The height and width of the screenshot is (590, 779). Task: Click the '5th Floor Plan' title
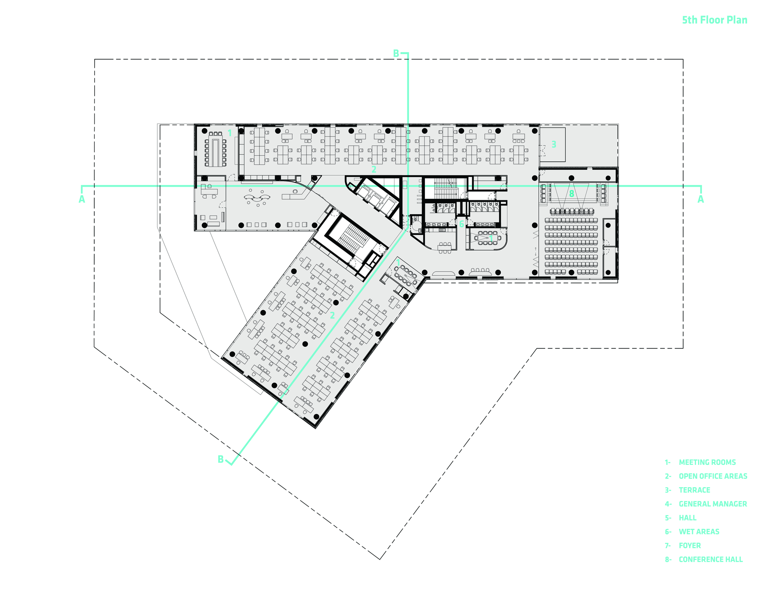(714, 20)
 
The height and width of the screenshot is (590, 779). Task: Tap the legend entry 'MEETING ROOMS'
(707, 462)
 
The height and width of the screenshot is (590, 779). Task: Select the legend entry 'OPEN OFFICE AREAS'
(713, 476)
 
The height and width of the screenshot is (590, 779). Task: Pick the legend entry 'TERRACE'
(694, 490)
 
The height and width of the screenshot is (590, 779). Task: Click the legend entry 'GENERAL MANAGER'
(713, 504)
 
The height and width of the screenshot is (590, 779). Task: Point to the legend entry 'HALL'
(687, 518)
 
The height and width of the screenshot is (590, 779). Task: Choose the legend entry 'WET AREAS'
(699, 532)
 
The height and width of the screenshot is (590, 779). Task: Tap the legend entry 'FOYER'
(689, 546)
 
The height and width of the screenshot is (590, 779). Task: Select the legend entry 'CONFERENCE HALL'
(710, 559)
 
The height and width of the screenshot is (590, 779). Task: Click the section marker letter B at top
(396, 54)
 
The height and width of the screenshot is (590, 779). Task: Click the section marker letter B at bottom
(220, 459)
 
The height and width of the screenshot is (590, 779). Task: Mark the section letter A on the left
(82, 200)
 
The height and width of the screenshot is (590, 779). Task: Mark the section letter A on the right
(700, 200)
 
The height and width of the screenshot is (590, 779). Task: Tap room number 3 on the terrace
(553, 145)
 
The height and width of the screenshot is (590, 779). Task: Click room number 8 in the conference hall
(571, 194)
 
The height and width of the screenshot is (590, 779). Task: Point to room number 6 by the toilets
(462, 224)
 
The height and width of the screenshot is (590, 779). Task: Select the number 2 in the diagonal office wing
(332, 315)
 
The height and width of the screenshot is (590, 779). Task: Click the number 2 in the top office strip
(374, 170)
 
